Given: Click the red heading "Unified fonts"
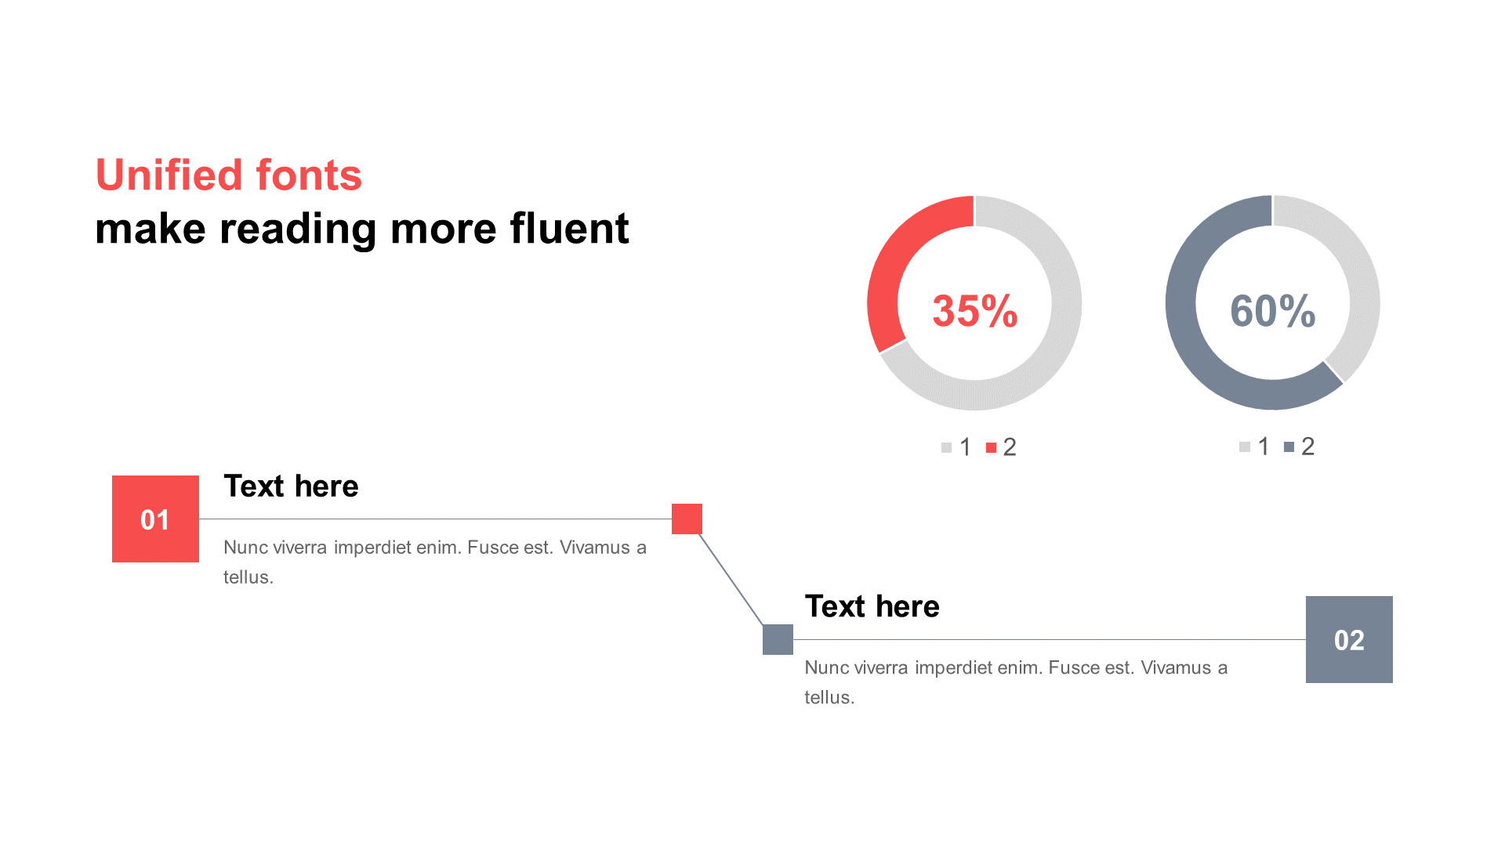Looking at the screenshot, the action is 229,175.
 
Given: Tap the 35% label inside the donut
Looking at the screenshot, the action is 975,311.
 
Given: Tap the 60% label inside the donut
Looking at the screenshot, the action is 1273,311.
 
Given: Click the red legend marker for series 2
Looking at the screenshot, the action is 991,448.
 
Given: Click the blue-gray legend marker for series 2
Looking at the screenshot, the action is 1289,447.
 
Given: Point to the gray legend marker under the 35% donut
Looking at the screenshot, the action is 946,448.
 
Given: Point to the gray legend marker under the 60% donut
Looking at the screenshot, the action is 1244,447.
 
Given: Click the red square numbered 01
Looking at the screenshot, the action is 155,519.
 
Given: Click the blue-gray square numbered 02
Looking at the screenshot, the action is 1349,639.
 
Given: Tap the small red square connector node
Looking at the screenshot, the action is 687,519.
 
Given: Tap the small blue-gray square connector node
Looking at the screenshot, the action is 778,639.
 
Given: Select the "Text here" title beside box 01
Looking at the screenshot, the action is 291,486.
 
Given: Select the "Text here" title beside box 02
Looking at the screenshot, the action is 872,607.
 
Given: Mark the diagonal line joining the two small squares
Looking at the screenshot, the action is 731,580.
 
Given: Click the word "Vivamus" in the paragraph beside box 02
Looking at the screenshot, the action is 1176,668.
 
